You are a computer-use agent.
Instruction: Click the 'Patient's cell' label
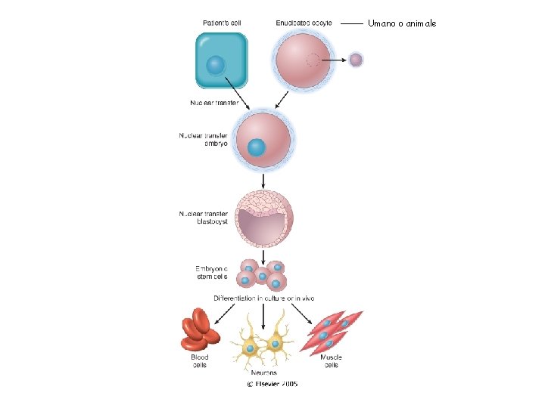222,23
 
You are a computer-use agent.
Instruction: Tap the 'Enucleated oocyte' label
304,23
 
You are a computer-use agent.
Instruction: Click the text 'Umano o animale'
402,24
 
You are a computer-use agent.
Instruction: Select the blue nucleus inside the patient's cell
216,65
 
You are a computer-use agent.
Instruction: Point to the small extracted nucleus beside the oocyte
356,59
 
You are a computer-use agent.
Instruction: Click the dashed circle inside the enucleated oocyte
312,60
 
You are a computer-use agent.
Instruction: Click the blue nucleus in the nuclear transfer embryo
257,147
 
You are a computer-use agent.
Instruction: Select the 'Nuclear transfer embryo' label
203,140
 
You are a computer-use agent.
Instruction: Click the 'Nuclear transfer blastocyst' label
203,218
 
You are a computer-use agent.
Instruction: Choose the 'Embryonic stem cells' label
211,272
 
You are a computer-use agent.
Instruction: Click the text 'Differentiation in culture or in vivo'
264,298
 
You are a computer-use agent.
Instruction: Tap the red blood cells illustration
199,330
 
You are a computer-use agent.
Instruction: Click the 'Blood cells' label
200,361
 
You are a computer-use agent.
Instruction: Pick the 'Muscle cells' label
330,361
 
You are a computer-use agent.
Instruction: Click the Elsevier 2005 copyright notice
272,384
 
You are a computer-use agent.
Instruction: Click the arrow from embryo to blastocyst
263,180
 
